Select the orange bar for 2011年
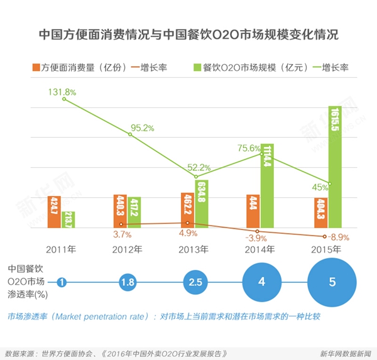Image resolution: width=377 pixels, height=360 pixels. coord(54,212)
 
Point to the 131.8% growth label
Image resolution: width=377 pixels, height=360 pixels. coord(62,92)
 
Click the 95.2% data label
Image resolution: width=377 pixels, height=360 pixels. coord(142,128)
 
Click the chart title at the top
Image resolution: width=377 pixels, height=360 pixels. coord(188,34)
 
